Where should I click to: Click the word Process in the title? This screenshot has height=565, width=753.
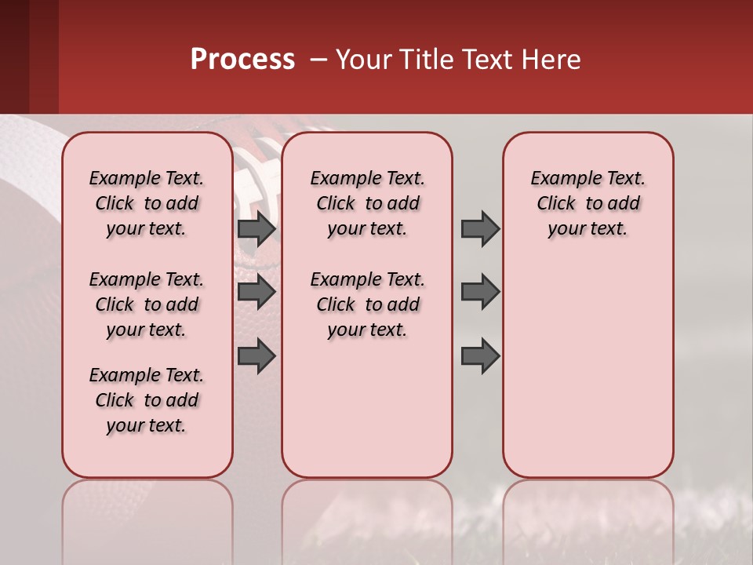coord(242,60)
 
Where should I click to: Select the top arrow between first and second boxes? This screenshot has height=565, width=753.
coord(256,228)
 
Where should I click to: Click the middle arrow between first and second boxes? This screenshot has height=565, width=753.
coord(256,292)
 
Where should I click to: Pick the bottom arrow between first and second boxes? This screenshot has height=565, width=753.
coord(256,355)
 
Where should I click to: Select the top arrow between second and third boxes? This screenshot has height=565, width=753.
coord(480,228)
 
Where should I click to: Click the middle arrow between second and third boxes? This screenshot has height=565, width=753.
coord(480,292)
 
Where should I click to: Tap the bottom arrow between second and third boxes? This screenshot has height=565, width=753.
coord(480,355)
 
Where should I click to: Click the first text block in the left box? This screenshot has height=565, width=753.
coord(147,203)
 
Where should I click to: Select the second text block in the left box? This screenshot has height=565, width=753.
coord(147,304)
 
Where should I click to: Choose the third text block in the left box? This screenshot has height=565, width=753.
coord(147,400)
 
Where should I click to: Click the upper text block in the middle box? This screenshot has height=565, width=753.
coord(367,203)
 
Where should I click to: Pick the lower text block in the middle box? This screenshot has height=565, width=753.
coord(367,304)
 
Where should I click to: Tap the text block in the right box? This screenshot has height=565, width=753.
coord(587,203)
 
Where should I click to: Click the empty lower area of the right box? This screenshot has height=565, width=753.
coord(587,377)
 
